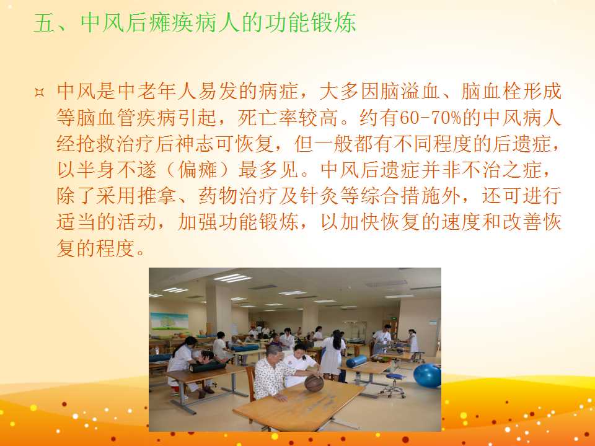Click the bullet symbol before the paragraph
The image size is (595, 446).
39,92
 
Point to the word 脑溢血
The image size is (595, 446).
410,92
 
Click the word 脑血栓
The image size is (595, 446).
491,92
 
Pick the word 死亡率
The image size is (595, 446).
268,118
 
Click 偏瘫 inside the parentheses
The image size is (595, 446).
198,170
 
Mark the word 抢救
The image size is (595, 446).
97,144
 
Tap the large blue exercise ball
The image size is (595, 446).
427,375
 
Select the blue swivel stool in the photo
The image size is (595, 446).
394,385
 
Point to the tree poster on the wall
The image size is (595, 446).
169,321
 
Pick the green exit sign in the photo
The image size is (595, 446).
395,319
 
